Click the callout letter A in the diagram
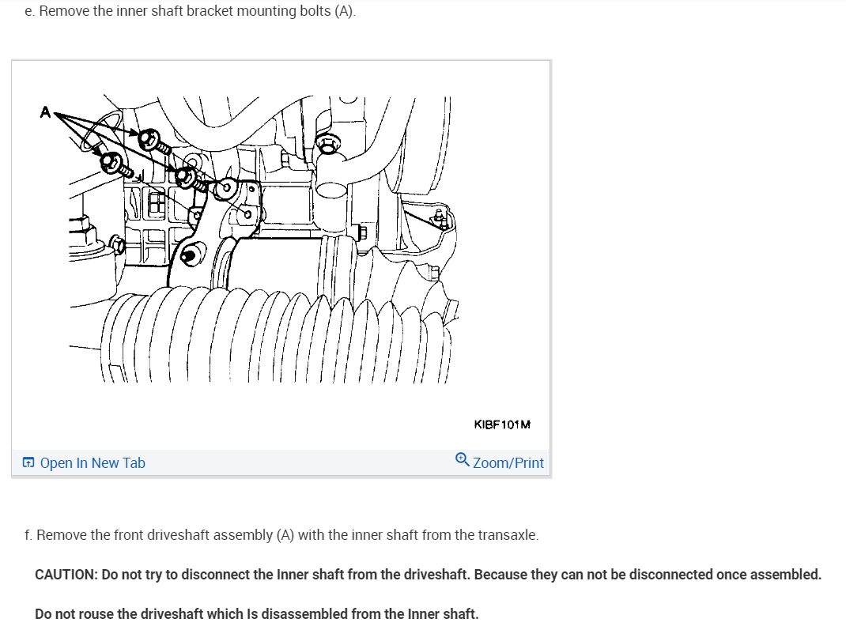pos(46,113)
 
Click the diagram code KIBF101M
pos(502,424)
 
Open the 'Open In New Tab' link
pos(92,463)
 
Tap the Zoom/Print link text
pos(508,463)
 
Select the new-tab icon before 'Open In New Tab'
pos(28,463)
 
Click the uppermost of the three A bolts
pos(148,140)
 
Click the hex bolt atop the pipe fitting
pos(328,144)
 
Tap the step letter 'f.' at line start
pos(28,535)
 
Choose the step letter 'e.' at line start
pos(29,12)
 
